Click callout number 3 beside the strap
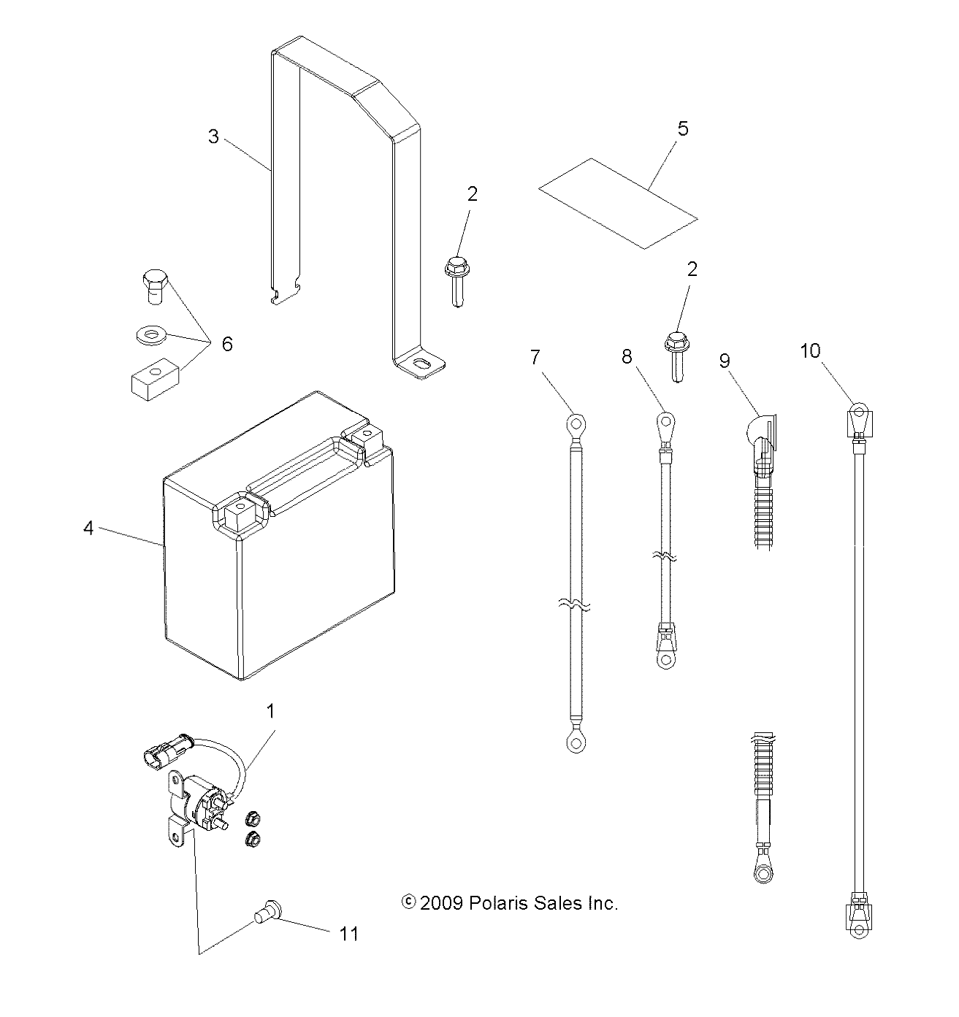click(x=213, y=137)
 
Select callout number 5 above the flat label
click(x=683, y=128)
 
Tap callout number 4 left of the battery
click(x=88, y=527)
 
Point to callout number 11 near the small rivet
click(x=349, y=933)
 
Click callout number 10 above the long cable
click(x=811, y=351)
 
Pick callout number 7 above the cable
click(x=535, y=357)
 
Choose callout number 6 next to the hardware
click(x=227, y=344)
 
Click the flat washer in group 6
click(x=150, y=337)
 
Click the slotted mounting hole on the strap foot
click(x=421, y=364)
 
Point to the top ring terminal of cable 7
click(x=576, y=423)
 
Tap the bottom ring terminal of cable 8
click(x=665, y=659)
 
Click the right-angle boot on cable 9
click(x=763, y=432)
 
